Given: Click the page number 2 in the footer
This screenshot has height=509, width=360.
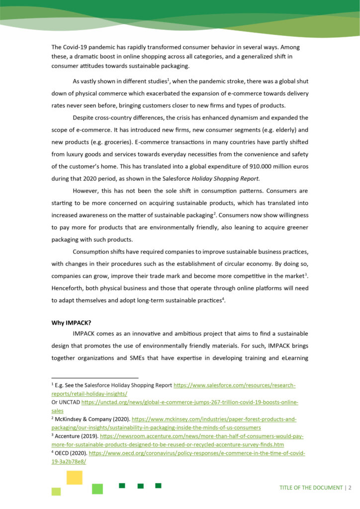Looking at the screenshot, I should [350, 487].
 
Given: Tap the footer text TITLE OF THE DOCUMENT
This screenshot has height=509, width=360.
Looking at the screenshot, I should [311, 487].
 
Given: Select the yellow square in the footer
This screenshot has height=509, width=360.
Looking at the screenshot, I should [74, 477].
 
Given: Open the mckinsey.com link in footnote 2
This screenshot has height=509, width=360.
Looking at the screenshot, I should [214, 420].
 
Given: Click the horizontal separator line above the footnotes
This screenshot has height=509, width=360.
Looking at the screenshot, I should [95, 377].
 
